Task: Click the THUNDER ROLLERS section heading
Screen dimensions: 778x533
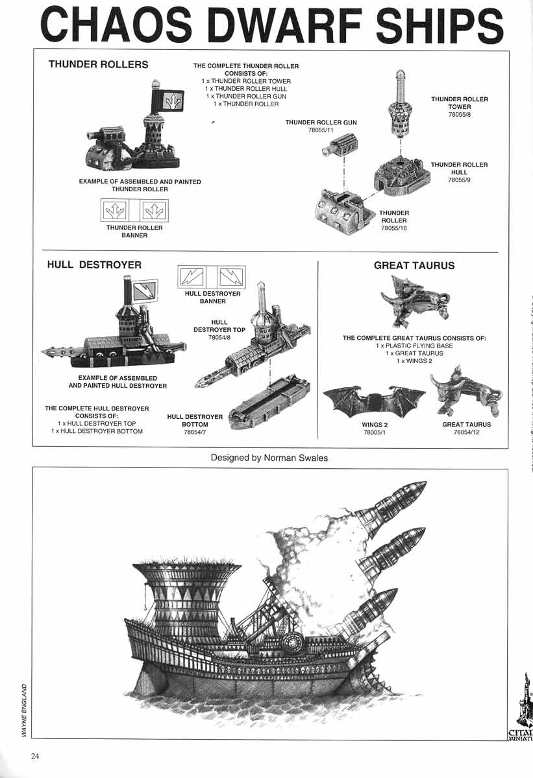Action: (99, 65)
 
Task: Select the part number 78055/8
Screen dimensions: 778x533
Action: (459, 115)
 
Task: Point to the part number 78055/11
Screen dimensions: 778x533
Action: (321, 130)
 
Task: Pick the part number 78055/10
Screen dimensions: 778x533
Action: (394, 228)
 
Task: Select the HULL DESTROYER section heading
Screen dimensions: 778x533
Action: (94, 265)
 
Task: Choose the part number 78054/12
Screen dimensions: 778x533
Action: (466, 432)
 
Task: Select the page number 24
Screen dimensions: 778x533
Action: (36, 755)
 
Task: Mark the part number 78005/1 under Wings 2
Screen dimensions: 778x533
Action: (375, 432)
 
